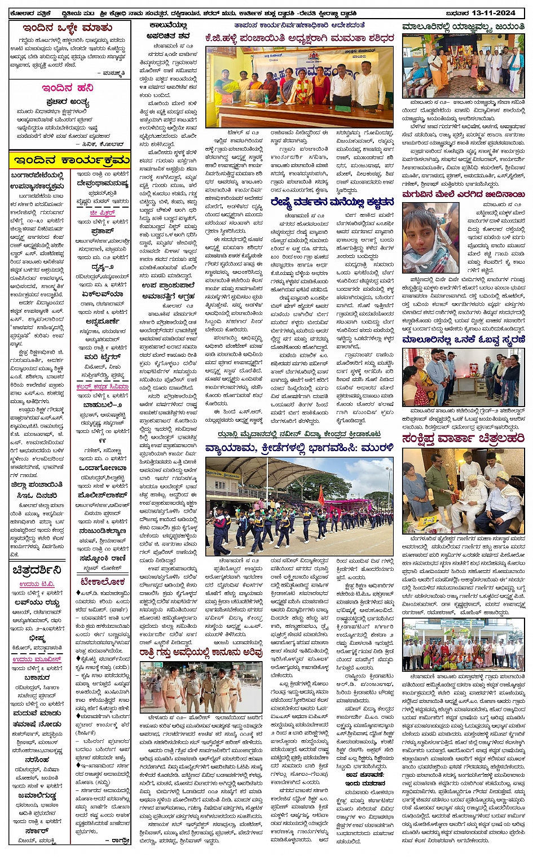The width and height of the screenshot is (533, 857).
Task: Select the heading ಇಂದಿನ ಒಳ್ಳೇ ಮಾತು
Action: tap(67, 28)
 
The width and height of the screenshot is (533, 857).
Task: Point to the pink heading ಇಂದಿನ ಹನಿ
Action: tap(67, 88)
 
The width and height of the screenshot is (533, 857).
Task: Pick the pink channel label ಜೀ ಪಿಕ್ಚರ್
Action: tap(102, 213)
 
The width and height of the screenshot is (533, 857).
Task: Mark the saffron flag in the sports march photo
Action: tap(321, 496)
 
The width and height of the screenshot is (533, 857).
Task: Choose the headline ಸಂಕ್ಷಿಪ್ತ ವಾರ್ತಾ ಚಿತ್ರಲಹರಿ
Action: tap(463, 438)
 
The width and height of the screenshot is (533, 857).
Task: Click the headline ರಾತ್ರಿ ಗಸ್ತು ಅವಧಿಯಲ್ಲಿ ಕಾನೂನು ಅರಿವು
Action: tap(201, 653)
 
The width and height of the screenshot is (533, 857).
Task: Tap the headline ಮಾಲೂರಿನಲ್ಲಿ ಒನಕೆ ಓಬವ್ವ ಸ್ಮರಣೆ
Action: tap(463, 340)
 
